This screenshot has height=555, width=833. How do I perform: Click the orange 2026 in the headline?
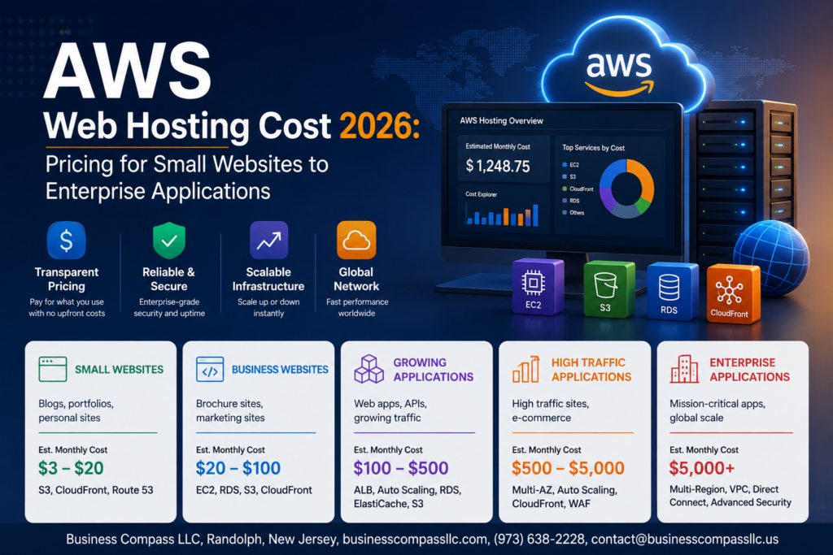click(x=379, y=126)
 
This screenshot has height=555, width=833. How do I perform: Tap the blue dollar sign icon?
click(x=67, y=241)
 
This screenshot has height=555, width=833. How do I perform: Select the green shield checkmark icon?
click(x=169, y=241)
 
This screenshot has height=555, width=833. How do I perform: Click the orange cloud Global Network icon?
click(x=356, y=241)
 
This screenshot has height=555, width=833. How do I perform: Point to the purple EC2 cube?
click(x=538, y=287)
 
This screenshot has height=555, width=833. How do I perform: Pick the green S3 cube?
click(x=608, y=289)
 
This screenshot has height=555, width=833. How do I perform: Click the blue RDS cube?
click(x=673, y=291)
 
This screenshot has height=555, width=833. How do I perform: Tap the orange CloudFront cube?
click(x=734, y=293)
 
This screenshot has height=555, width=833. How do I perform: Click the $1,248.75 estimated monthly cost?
click(x=498, y=166)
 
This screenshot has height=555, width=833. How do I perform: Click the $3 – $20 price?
click(x=71, y=468)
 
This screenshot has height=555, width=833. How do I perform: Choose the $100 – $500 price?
click(x=401, y=468)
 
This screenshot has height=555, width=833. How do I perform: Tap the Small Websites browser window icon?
click(x=53, y=369)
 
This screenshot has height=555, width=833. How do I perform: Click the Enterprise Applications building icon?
click(x=684, y=369)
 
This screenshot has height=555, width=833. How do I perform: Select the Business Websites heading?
click(x=280, y=369)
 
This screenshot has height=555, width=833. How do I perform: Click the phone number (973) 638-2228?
click(x=539, y=540)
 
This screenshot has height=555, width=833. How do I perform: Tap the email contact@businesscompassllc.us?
click(x=685, y=540)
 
